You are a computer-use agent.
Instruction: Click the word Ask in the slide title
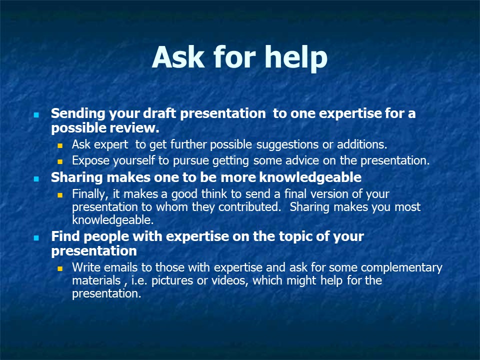(178, 57)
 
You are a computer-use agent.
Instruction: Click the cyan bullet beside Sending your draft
(36, 115)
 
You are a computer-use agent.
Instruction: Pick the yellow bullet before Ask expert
(60, 146)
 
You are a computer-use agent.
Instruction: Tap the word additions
(362, 144)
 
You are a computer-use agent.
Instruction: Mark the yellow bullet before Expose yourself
(60, 161)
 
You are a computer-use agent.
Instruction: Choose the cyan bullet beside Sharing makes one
(36, 179)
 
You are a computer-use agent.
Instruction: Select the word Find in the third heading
(65, 236)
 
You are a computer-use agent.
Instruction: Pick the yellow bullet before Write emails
(60, 269)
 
